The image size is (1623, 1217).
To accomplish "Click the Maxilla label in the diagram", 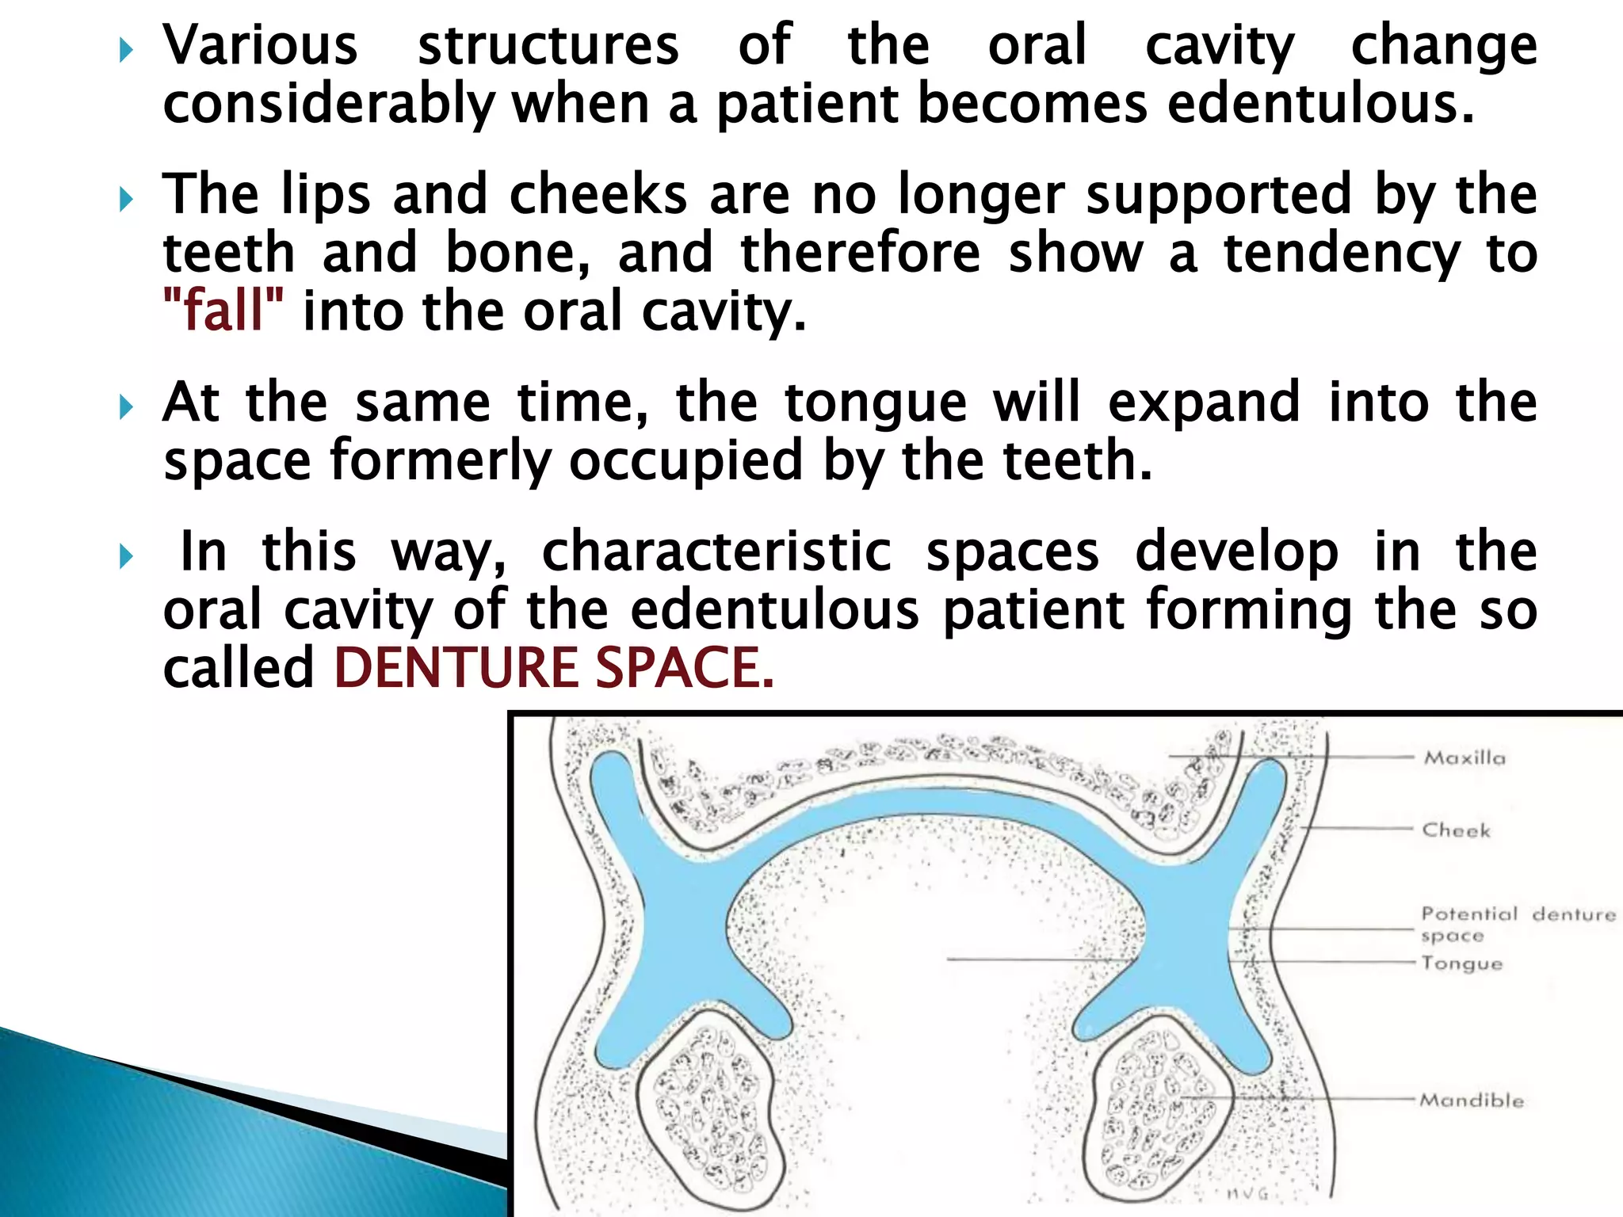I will (x=1465, y=758).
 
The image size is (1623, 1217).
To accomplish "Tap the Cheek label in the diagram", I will (x=1456, y=830).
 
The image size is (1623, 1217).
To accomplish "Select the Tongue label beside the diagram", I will (x=1461, y=963).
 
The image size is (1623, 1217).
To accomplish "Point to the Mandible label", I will (x=1472, y=1101).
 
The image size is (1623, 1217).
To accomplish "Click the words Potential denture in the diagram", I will (x=1518, y=914).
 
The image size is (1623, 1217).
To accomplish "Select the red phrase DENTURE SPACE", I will (x=553, y=667).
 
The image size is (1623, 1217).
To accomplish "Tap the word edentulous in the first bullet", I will (x=1320, y=104).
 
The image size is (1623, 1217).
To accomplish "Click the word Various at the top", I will (x=261, y=45).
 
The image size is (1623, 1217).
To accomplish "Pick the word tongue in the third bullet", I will (x=876, y=402).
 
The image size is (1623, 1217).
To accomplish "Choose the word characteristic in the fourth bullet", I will (x=716, y=551).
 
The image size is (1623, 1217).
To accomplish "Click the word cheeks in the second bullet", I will (x=598, y=194).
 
